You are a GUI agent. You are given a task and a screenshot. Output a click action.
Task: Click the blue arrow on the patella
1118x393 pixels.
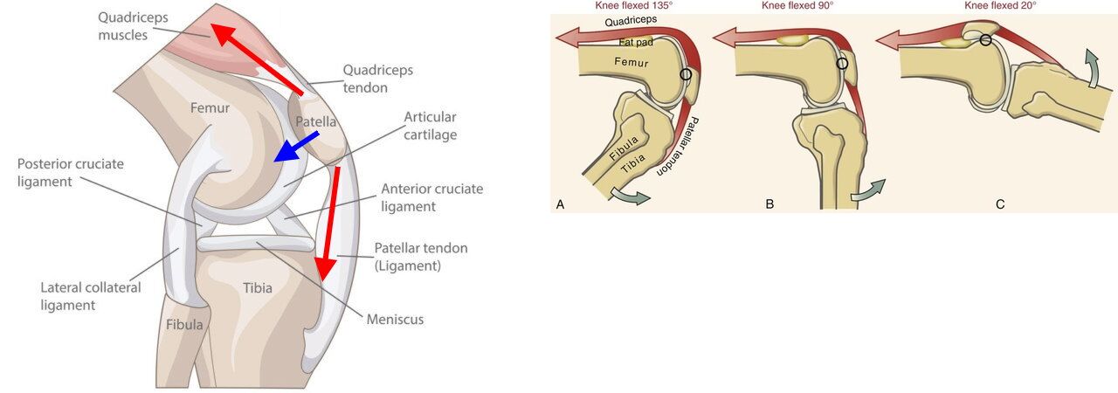[296, 146]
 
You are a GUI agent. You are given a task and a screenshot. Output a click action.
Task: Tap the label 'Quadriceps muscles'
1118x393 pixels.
[133, 26]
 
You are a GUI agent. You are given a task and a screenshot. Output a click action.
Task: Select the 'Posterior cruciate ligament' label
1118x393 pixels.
[70, 173]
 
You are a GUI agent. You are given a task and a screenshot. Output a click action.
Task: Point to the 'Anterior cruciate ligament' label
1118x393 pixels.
[431, 197]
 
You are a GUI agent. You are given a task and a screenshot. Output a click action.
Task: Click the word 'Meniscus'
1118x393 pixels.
[396, 320]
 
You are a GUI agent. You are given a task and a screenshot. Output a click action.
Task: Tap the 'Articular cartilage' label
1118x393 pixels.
[430, 126]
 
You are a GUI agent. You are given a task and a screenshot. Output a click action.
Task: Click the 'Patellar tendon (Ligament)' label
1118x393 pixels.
[420, 257]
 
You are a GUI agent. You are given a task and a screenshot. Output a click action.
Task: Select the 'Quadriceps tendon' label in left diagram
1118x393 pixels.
[377, 79]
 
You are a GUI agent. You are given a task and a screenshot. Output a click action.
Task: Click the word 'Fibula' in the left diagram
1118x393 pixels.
[184, 325]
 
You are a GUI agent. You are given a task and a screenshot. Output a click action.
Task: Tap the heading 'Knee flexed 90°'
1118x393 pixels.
[797, 5]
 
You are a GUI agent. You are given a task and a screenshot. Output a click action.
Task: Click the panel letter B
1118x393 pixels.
[769, 204]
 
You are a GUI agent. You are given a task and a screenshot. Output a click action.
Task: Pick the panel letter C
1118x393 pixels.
[1000, 204]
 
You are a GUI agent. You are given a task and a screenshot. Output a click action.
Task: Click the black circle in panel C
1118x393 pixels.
[985, 39]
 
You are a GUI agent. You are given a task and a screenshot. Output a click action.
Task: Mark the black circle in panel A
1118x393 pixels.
[686, 74]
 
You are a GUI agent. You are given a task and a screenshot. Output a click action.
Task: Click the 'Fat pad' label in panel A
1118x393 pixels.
[633, 42]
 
